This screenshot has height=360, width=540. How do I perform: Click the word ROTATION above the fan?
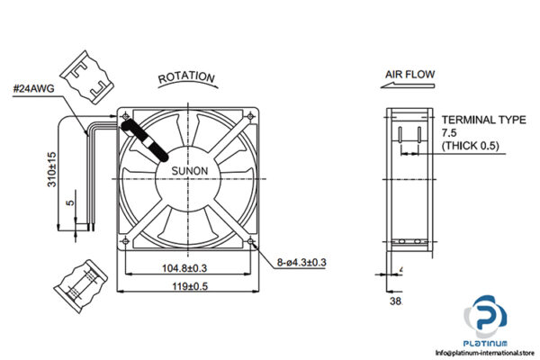click(x=186, y=77)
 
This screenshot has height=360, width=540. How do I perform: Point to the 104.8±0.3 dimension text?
click(x=184, y=267)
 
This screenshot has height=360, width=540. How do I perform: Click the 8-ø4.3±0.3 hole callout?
click(x=300, y=262)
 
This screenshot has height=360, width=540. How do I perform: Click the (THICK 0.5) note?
click(x=470, y=146)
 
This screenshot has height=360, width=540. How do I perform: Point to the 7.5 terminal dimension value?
click(x=448, y=131)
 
